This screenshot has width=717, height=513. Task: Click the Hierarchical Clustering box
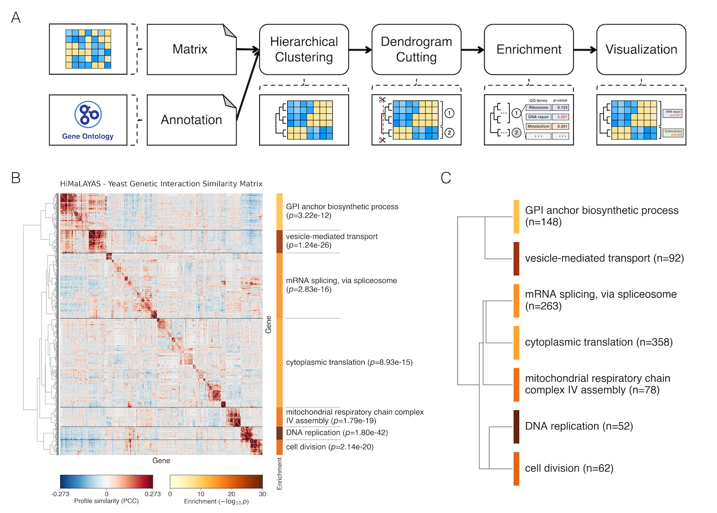[304, 49]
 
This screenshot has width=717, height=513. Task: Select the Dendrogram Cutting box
[416, 49]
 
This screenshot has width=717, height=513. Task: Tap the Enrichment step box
[529, 49]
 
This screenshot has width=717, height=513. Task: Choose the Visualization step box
[641, 49]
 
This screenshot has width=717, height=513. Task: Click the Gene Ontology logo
[88, 114]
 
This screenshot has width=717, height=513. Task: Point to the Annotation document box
[192, 120]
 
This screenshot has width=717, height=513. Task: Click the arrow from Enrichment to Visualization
[585, 50]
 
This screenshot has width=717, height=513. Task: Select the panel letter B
[16, 178]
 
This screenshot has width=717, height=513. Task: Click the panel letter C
[446, 178]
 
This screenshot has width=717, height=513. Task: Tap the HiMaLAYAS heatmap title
[161, 184]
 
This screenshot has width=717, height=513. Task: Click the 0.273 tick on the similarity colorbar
[153, 494]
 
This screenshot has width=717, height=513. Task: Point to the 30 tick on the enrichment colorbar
[262, 494]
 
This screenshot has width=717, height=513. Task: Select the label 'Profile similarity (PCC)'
[107, 501]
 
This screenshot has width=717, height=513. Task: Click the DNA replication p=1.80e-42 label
[337, 433]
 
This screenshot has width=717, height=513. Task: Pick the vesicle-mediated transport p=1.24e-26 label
[332, 241]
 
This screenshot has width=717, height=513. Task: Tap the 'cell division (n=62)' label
[569, 468]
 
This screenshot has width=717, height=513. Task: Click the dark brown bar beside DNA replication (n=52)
[516, 426]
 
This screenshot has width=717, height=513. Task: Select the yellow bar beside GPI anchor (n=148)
[516, 217]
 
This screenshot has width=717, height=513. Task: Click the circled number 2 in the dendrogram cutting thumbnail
[449, 133]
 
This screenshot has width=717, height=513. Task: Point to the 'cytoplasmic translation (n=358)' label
[599, 342]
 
